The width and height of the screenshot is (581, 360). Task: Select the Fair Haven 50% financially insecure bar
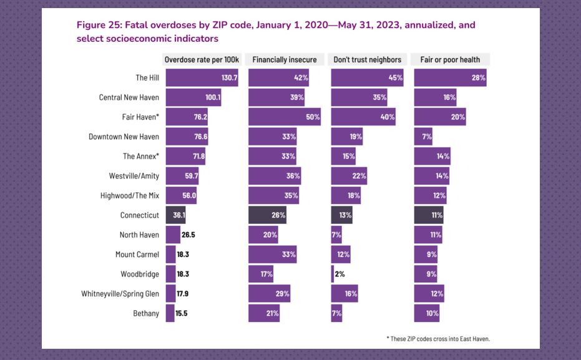[285, 117]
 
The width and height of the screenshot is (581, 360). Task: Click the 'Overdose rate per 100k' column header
[202, 60]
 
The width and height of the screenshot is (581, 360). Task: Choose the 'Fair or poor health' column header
[452, 60]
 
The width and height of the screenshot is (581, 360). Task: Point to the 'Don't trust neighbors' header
[368, 60]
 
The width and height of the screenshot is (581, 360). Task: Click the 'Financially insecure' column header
[285, 60]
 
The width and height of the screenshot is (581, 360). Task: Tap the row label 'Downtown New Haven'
[124, 137]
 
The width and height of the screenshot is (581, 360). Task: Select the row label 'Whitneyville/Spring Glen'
[120, 293]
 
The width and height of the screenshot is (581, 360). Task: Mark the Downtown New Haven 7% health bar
[423, 137]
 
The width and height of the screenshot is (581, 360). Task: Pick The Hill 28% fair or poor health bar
[450, 78]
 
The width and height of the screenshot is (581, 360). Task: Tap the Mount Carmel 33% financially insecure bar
[272, 255]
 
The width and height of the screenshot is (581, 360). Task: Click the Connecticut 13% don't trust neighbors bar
[341, 215]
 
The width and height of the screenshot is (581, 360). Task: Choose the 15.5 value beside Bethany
[182, 313]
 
